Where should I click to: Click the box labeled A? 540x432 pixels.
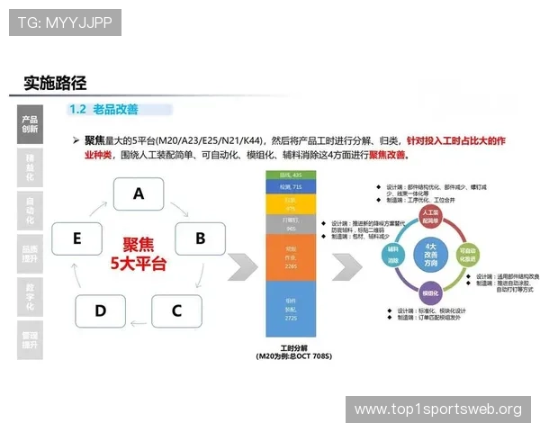pyautogui.click(x=138, y=193)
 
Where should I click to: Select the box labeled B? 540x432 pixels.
pyautogui.click(x=200, y=238)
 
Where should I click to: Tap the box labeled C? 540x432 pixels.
pyautogui.click(x=175, y=310)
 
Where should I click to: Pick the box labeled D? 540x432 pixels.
pyautogui.click(x=100, y=310)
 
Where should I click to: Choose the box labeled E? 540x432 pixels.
pyautogui.click(x=77, y=238)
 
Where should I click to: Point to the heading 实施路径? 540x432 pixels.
pyautogui.click(x=55, y=83)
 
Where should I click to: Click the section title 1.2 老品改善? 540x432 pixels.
pyautogui.click(x=103, y=110)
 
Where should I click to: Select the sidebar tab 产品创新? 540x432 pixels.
pyautogui.click(x=30, y=124)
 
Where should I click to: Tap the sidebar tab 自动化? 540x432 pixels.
pyautogui.click(x=30, y=210)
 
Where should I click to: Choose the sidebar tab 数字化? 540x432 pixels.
pyautogui.click(x=30, y=294)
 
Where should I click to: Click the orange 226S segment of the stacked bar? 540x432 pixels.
pyautogui.click(x=290, y=258)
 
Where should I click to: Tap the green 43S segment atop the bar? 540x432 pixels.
pyautogui.click(x=290, y=174)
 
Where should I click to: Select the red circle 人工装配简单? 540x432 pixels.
pyautogui.click(x=428, y=216)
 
